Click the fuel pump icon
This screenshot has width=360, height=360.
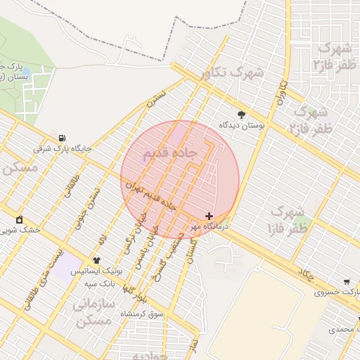64,137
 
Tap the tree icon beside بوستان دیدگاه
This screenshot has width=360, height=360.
242,114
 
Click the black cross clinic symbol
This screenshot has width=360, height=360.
209,215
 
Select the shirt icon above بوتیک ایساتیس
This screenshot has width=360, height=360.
96,259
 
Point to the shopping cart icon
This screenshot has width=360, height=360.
346,281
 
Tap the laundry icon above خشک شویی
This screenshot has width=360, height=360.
19,219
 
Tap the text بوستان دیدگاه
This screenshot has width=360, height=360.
243,125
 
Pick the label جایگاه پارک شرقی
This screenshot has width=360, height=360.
63,149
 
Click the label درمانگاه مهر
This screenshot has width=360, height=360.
209,226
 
